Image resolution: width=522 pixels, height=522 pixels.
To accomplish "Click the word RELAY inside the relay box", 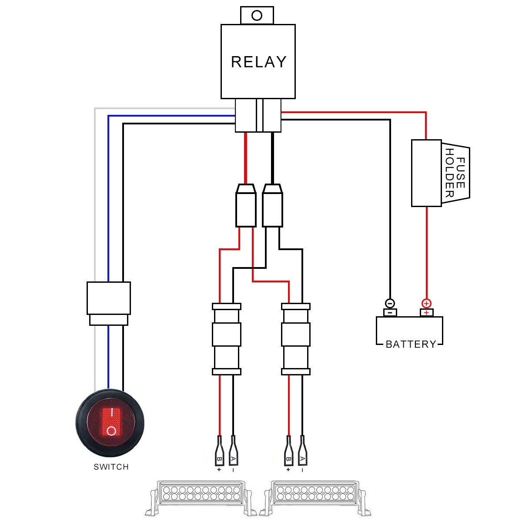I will tap(258, 62).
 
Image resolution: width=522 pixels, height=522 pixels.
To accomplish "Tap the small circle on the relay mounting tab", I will tap(257, 16).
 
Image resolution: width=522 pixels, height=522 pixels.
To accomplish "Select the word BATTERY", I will tap(411, 345).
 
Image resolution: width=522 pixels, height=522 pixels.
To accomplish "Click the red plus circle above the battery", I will tap(426, 303).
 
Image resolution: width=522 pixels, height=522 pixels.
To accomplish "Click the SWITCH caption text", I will tap(111, 467).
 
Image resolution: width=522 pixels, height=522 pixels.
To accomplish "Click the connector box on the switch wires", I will tap(108, 298).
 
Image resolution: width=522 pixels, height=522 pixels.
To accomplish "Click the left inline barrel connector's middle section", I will tap(227, 334).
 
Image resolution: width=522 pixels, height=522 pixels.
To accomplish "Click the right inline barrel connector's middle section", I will tap(296, 334).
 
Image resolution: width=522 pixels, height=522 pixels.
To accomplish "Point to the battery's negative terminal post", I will tap(390, 313).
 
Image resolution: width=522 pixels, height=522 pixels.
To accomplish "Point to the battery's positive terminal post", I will tap(426, 313).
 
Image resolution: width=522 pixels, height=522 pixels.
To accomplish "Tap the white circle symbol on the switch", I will tap(111, 431).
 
